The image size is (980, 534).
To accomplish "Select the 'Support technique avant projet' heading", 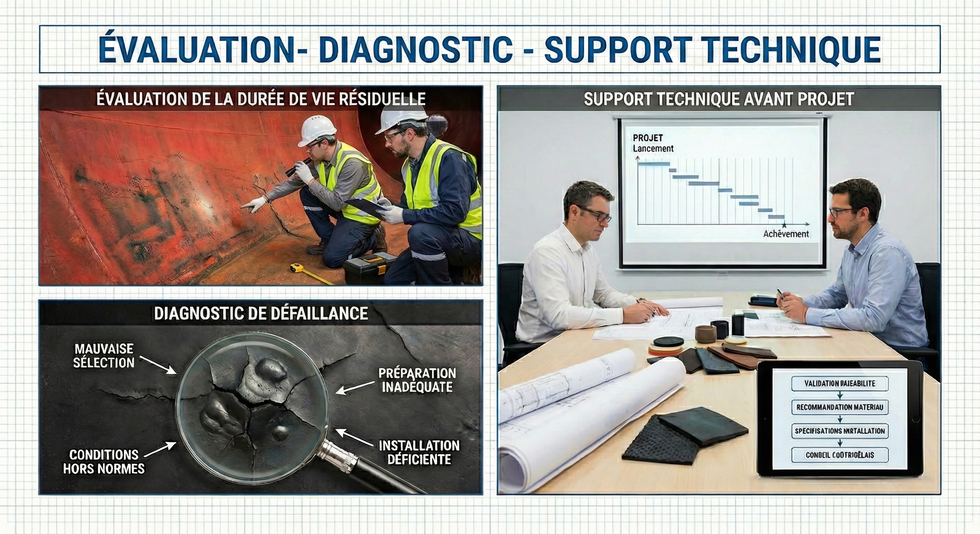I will point(719,99).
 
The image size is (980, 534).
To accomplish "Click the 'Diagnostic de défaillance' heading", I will point(261,313).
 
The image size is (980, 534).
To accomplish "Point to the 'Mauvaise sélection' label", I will point(104,356).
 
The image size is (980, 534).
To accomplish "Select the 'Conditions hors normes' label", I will point(104,461).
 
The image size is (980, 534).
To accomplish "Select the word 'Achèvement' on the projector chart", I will point(786,234).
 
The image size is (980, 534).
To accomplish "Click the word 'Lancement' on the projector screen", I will point(653,148).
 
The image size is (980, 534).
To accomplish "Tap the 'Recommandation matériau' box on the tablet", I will point(840,407).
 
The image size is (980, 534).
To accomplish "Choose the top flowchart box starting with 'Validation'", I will point(840,383).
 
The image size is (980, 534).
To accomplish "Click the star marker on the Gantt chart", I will point(784,226).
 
